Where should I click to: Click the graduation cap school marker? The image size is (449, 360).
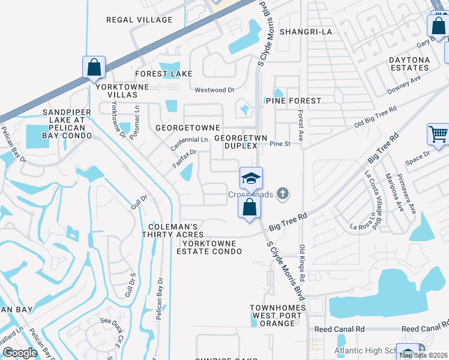[x=252, y=178]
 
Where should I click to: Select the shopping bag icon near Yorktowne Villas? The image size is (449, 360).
[x=94, y=67]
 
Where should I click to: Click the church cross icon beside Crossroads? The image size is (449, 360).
[x=283, y=194]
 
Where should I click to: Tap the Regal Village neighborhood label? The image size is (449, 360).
[x=139, y=20]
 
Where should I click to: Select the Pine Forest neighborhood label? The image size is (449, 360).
[x=294, y=101]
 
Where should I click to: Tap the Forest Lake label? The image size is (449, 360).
[x=164, y=74]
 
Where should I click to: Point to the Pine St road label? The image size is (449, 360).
[x=280, y=144]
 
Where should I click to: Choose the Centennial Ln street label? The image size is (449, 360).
[x=188, y=140]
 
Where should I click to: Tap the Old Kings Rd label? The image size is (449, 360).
[x=303, y=263]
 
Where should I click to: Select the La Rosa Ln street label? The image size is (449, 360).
[x=366, y=224]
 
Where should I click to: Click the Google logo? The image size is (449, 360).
[x=20, y=353]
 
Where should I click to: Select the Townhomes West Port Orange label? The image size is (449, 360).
[x=273, y=316]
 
